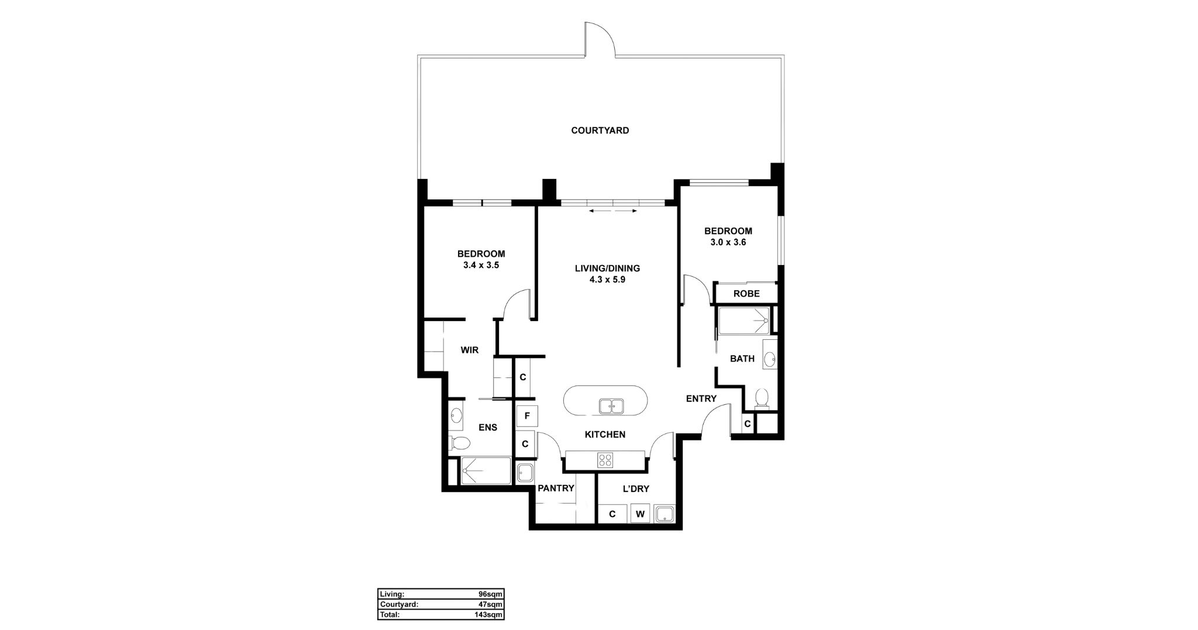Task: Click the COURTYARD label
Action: click(600, 130)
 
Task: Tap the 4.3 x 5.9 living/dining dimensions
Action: click(607, 280)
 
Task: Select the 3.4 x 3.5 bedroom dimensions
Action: click(481, 265)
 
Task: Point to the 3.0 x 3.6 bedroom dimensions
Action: click(728, 242)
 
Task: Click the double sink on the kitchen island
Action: click(611, 405)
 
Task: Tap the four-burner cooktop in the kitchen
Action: click(605, 460)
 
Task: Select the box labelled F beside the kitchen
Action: click(527, 416)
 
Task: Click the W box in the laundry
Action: click(640, 514)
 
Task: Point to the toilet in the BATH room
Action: click(761, 398)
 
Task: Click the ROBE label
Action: click(746, 294)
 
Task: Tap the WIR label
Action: click(469, 350)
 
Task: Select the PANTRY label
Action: click(556, 488)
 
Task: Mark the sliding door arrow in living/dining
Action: click(613, 211)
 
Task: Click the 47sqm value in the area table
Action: click(491, 604)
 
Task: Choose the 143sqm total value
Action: click(488, 615)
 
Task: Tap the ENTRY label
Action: click(701, 399)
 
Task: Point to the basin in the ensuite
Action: click(456, 416)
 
